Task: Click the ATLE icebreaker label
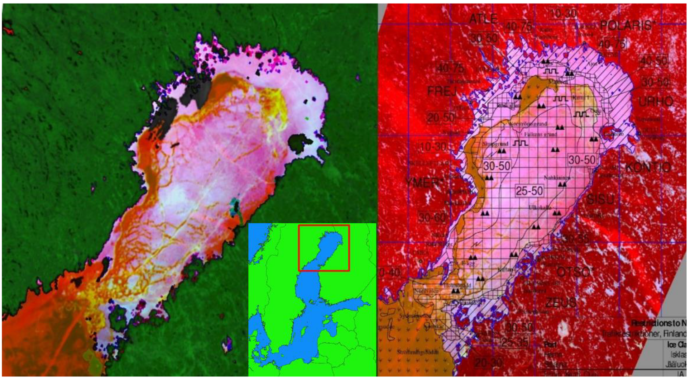click(483, 19)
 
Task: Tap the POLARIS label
click(626, 25)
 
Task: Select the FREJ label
click(442, 91)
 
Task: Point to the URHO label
click(655, 101)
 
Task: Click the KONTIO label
click(648, 167)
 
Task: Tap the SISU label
click(600, 199)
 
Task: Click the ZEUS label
click(561, 303)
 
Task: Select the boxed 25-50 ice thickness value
click(529, 191)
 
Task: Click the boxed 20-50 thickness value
click(441, 117)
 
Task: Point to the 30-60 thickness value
click(432, 217)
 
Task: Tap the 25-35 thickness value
click(514, 342)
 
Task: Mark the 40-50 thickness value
click(653, 61)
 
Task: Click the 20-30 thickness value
click(488, 363)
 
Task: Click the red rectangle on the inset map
click(324, 248)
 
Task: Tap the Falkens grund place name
click(540, 134)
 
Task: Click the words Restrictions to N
click(658, 323)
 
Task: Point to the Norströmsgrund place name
click(528, 124)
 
